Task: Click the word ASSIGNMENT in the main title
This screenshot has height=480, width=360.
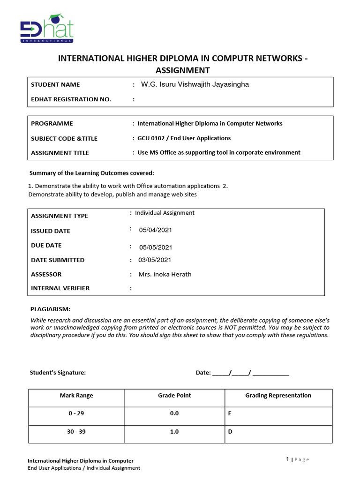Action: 182,70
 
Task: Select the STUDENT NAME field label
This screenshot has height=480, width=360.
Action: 55,85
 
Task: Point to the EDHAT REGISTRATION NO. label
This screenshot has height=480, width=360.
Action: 71,99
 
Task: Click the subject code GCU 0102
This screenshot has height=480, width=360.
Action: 153,138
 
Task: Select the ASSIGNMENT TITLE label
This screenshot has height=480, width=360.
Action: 60,153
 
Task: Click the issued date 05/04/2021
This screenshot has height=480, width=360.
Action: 156,230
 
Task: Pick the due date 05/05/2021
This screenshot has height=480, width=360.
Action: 156,247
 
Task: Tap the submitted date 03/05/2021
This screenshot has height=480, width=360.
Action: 155,260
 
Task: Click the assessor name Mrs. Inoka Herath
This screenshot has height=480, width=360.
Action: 165,275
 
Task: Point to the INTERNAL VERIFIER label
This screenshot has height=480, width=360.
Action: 60,288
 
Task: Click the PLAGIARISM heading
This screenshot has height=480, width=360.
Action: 50,309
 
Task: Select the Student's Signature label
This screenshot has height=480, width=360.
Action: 58,373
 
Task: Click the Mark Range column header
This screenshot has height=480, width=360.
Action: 76,396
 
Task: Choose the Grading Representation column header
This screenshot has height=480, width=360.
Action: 278,396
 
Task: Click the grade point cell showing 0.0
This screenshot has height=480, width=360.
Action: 174,414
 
